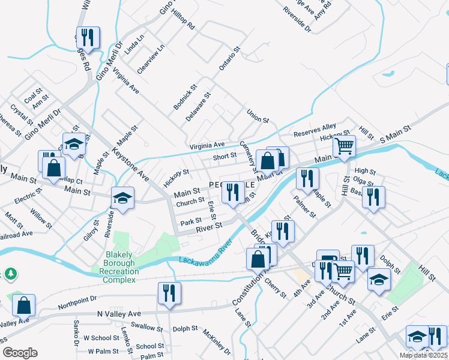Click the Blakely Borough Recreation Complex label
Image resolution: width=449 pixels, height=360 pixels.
[119, 271]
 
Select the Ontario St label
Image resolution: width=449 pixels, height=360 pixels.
[229, 59]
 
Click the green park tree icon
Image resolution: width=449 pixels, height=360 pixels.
[11, 274]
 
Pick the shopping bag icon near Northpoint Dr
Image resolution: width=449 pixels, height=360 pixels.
[24, 305]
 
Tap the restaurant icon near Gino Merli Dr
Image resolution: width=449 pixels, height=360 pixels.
[88, 37]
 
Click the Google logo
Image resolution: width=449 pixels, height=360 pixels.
[20, 353]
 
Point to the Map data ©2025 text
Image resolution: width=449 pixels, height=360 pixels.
[423, 355]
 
